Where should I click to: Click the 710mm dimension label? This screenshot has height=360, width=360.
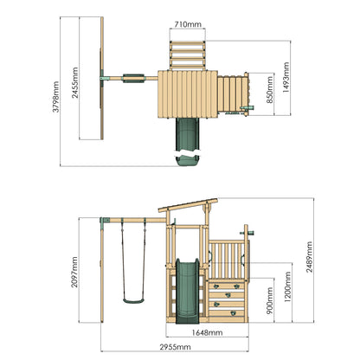188,24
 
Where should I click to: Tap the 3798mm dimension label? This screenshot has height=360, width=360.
55,97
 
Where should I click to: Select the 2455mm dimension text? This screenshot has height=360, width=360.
75,83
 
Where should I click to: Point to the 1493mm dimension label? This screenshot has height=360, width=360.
286,77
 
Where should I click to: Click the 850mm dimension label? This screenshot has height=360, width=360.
270,90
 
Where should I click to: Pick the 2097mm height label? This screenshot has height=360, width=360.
74,272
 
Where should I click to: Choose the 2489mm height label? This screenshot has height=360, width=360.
309,257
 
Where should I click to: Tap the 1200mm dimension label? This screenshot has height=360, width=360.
287,287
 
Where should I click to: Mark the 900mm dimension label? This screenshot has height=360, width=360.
270,300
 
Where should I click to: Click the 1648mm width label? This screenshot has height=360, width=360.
207,332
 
